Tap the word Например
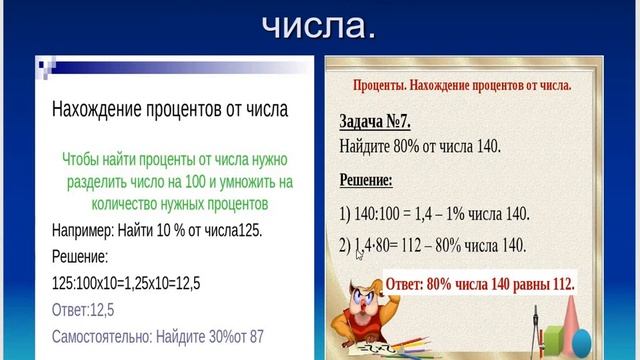[x=84, y=230]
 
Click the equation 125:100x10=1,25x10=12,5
[x=126, y=283]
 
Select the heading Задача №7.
[x=375, y=122]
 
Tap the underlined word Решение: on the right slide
[x=366, y=181]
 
